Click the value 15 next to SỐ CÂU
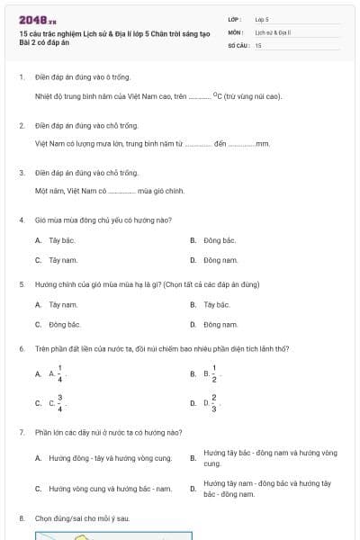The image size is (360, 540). pyautogui.click(x=258, y=45)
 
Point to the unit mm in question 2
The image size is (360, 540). pyautogui.click(x=263, y=142)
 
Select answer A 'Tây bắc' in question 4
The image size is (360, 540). pyautogui.click(x=61, y=240)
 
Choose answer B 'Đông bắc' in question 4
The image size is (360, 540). pyautogui.click(x=219, y=240)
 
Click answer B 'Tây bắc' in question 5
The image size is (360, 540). pyautogui.click(x=216, y=304)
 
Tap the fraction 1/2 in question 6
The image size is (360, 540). pyautogui.click(x=214, y=373)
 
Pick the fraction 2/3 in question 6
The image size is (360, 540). pyautogui.click(x=214, y=402)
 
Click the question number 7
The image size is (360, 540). pyautogui.click(x=21, y=432)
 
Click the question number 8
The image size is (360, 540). pyautogui.click(x=21, y=518)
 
